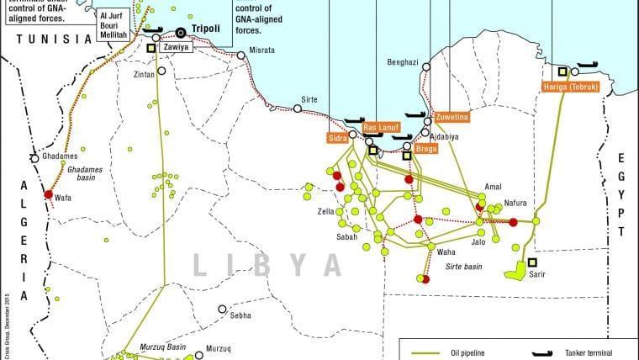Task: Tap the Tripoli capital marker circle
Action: [181, 33]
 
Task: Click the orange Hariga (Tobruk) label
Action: [568, 87]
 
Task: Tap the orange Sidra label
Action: [336, 137]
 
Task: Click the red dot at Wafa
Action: [49, 194]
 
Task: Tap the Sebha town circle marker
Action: [221, 310]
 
